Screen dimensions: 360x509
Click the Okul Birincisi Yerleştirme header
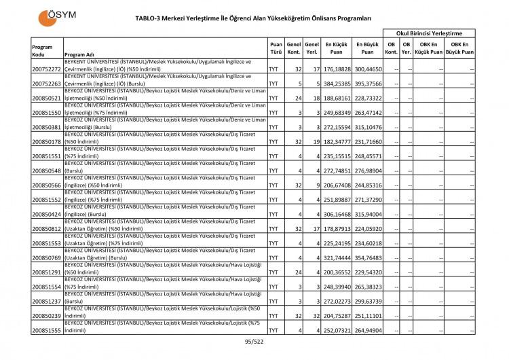pos(429,33)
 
